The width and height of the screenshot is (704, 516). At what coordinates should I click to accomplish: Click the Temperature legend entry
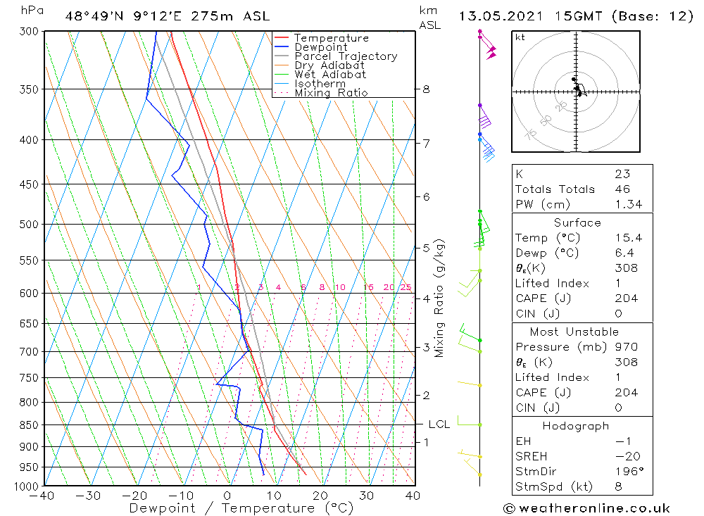tap(331, 38)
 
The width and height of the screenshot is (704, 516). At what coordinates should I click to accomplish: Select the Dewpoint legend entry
tap(321, 47)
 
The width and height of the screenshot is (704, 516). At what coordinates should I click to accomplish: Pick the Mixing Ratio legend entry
tap(331, 92)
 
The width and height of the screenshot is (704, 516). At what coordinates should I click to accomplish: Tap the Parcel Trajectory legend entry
tap(346, 56)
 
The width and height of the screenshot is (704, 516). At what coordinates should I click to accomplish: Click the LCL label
tap(439, 424)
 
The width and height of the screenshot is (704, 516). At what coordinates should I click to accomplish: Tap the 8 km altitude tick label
tap(426, 89)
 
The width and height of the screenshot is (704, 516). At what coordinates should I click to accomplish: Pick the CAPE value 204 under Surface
tap(626, 298)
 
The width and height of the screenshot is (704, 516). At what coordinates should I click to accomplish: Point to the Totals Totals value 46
tap(622, 189)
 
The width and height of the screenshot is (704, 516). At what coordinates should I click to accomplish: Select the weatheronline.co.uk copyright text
tap(586, 508)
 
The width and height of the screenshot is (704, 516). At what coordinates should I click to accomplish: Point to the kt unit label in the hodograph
tap(520, 37)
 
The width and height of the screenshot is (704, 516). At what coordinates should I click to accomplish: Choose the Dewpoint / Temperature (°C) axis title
tap(232, 508)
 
